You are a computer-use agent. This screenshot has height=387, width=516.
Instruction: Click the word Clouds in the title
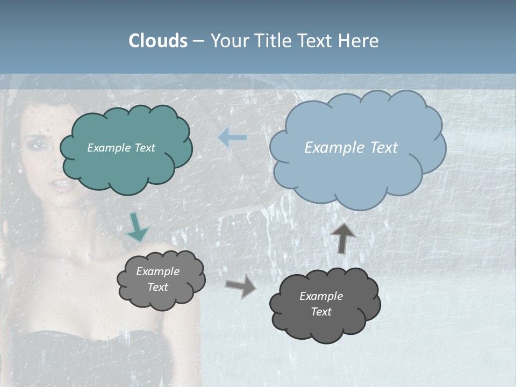(x=157, y=41)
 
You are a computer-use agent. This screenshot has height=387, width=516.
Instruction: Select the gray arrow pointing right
(x=241, y=285)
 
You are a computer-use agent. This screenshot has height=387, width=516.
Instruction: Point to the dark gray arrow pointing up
(x=343, y=237)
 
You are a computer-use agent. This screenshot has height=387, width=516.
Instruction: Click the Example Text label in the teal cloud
(x=121, y=148)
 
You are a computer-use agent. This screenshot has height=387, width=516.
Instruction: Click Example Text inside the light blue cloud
(x=351, y=148)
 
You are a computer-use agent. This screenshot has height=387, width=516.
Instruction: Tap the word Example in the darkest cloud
(x=321, y=296)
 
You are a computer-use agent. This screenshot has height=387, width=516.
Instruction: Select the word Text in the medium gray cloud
(x=157, y=287)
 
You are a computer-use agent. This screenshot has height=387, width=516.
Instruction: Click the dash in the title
(x=198, y=41)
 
